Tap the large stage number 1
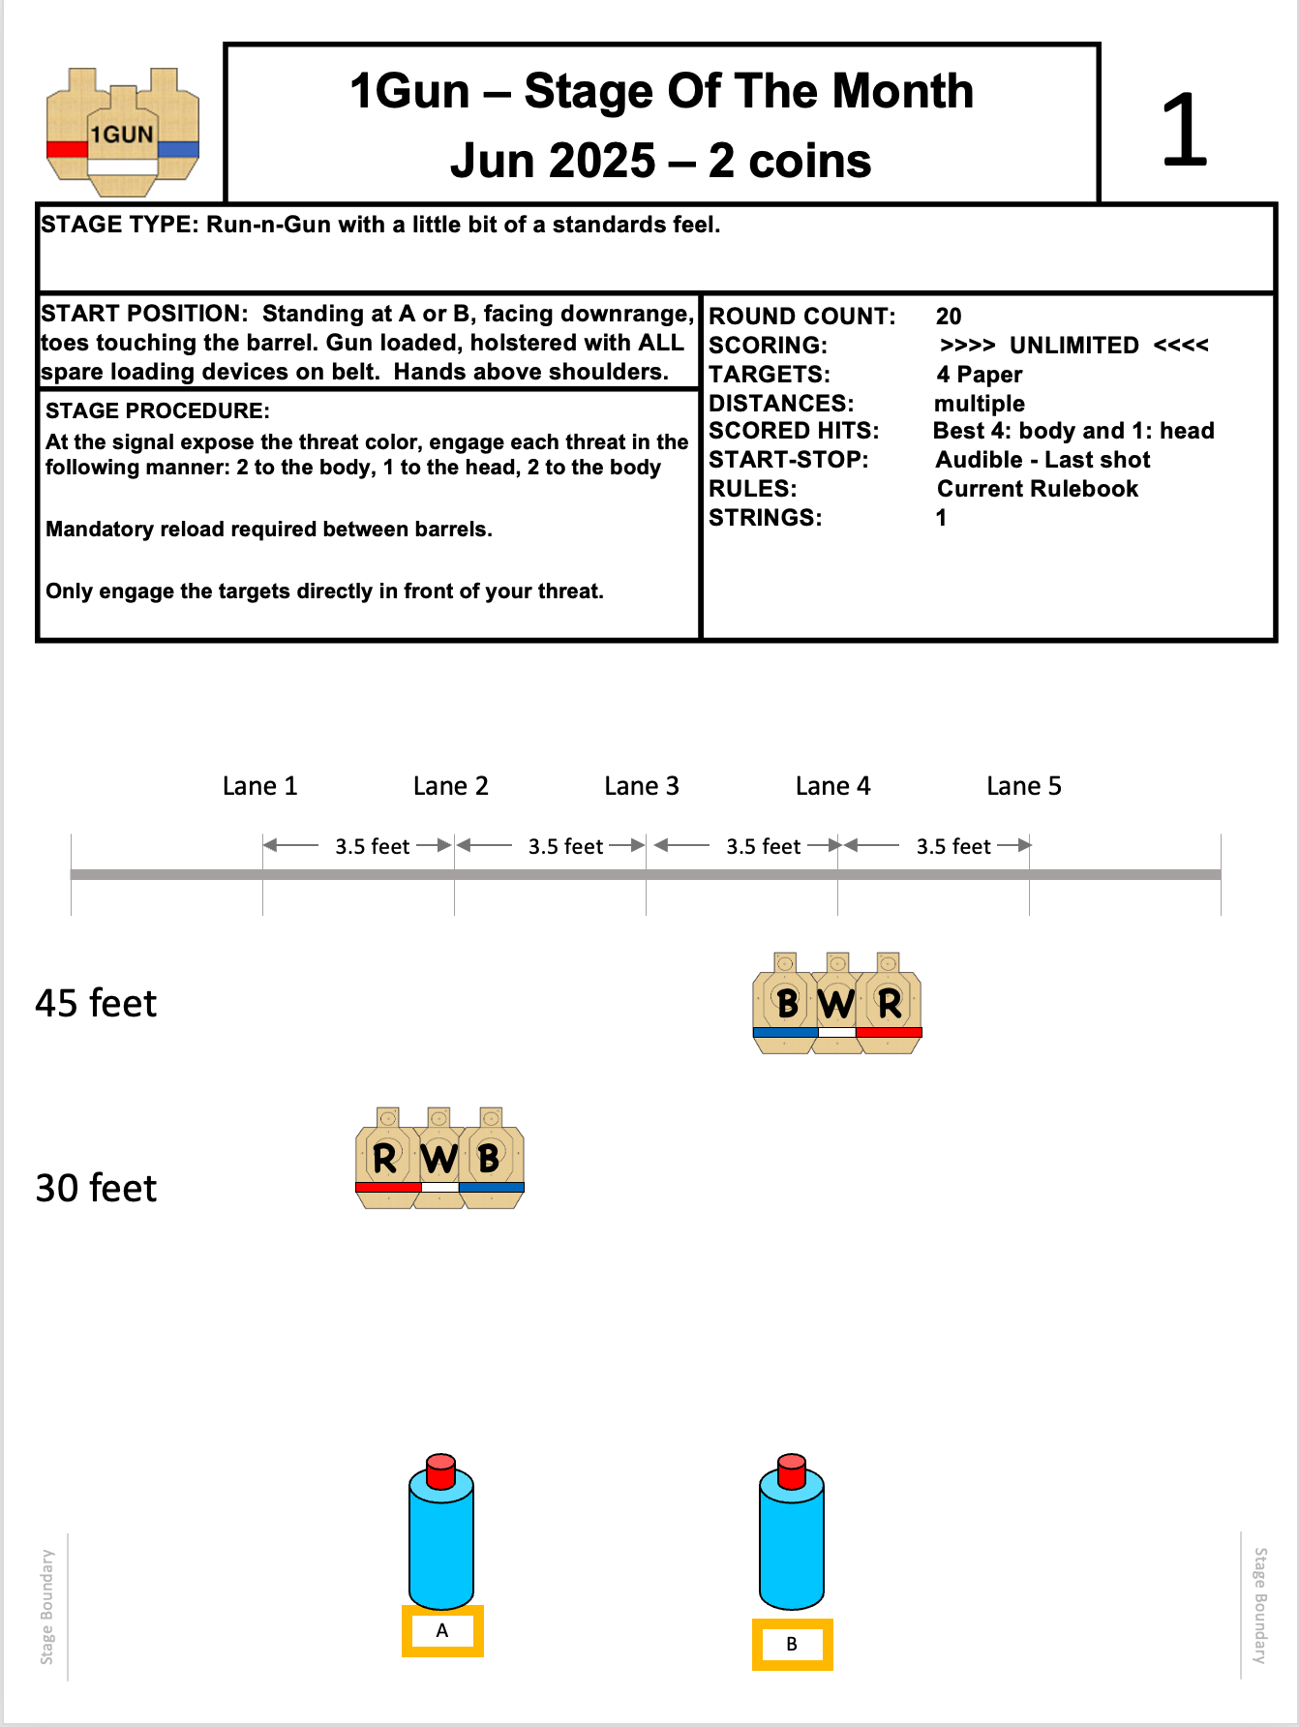pyautogui.click(x=1184, y=130)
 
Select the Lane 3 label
pyautogui.click(x=641, y=786)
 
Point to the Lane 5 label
pyautogui.click(x=1023, y=786)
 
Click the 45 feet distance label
pyautogui.click(x=96, y=1004)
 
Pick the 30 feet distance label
pyautogui.click(x=96, y=1189)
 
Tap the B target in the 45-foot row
pyautogui.click(x=785, y=1004)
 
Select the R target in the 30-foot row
pyautogui.click(x=386, y=1159)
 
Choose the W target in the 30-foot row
pyautogui.click(x=439, y=1159)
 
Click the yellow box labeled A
pyautogui.click(x=442, y=1631)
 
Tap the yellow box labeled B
pyautogui.click(x=792, y=1645)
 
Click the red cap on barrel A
pyautogui.click(x=441, y=1470)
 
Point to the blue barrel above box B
pyautogui.click(x=792, y=1544)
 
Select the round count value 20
pyautogui.click(x=949, y=317)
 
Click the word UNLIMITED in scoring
pyautogui.click(x=1073, y=346)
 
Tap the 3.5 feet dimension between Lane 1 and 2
pyautogui.click(x=373, y=847)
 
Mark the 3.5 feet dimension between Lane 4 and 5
pyautogui.click(x=953, y=847)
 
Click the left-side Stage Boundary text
pyautogui.click(x=47, y=1606)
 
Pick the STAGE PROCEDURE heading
pyautogui.click(x=158, y=410)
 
